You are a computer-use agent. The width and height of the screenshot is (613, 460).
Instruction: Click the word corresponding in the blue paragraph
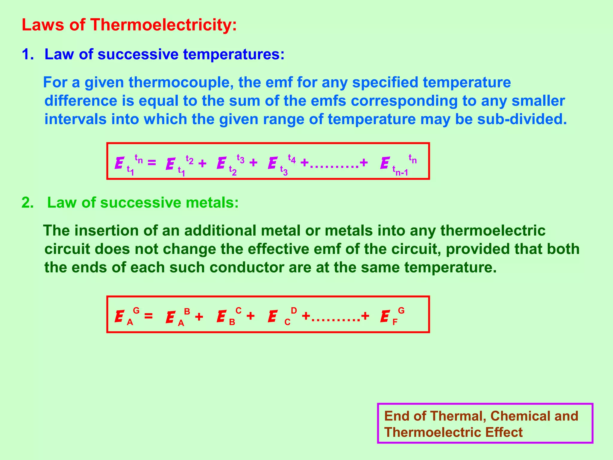404,101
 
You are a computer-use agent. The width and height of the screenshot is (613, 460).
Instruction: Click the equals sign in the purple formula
151,163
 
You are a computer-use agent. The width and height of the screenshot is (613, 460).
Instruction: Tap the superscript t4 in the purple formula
292,159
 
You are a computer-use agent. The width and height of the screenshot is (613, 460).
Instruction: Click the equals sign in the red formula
148,316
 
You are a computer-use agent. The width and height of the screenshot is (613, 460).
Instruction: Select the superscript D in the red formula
294,311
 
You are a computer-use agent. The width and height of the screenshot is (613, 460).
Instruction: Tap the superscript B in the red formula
187,311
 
